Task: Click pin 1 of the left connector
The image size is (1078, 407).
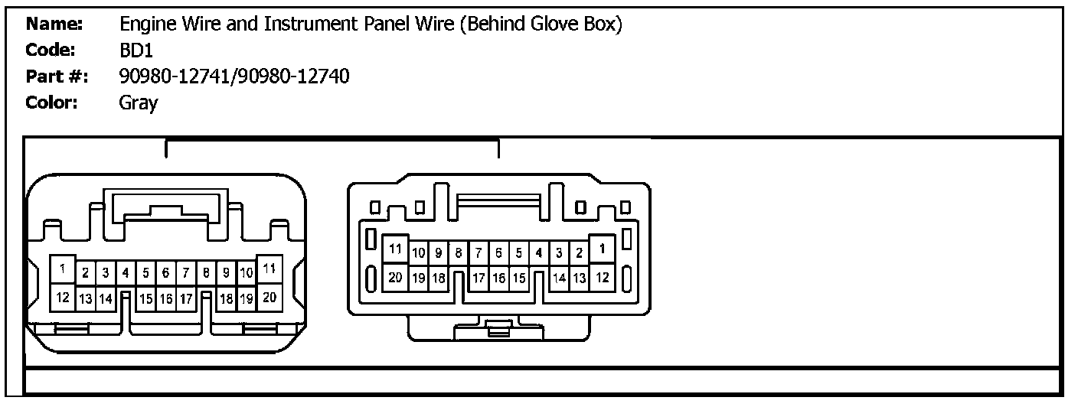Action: [62, 269]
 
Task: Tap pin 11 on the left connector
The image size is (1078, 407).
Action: [269, 269]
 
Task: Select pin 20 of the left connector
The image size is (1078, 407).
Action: [269, 297]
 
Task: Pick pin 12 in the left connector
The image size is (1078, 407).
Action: [62, 297]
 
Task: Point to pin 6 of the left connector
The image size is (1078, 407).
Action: [166, 272]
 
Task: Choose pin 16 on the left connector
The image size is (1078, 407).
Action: [166, 299]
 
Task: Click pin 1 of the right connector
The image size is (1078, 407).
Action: [603, 249]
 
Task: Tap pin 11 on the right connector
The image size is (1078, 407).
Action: [396, 249]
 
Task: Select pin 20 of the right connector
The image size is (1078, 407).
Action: [396, 277]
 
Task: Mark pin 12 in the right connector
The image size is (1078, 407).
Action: [603, 277]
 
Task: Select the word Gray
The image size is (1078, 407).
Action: [139, 103]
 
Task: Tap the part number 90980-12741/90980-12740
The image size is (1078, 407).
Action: [234, 77]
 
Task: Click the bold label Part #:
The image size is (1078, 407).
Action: [57, 77]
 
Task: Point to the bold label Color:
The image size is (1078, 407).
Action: [52, 103]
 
